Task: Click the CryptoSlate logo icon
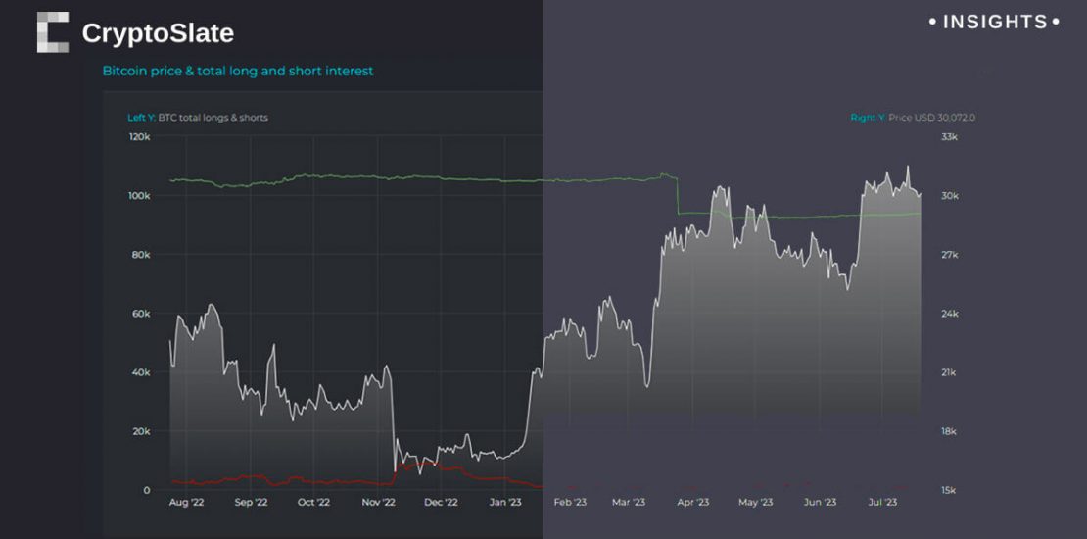coord(53,32)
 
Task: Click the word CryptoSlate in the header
coord(158,33)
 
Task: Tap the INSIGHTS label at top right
coord(994,22)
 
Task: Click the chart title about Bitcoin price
coord(238,72)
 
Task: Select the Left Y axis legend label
coord(198,118)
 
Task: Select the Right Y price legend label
coord(913,118)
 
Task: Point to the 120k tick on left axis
coord(139,137)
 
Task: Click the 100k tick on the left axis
coord(139,196)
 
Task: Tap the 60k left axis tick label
coord(141,314)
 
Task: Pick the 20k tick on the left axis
coord(141,431)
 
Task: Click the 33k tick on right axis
coord(949,137)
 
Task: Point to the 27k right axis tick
coord(949,255)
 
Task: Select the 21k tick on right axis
coord(949,372)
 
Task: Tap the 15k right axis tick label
coord(949,490)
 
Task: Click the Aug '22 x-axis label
coord(186,503)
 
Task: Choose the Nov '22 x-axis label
coord(377,503)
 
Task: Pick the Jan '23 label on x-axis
coord(504,503)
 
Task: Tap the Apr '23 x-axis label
coord(692,503)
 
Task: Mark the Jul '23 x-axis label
coord(882,503)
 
